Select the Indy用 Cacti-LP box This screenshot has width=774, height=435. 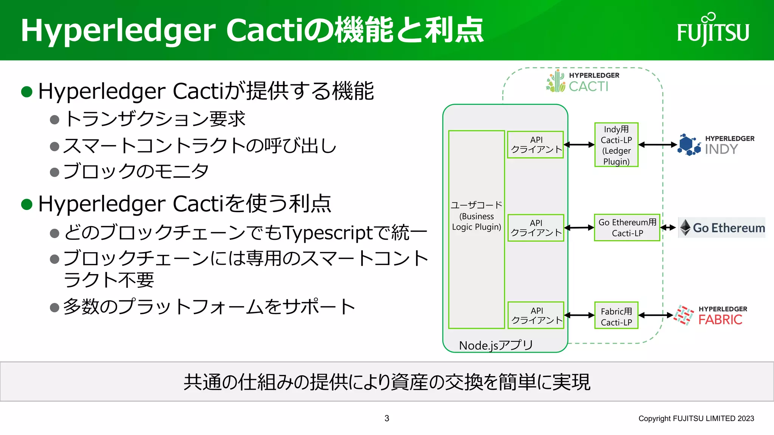616,145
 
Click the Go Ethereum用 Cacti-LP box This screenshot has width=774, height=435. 627,228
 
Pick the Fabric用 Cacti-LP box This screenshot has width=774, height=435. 616,316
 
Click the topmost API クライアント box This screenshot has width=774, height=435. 536,145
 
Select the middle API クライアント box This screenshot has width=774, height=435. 536,228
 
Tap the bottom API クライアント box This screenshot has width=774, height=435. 536,315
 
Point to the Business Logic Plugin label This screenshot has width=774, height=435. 477,221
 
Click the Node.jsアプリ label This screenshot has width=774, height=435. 496,345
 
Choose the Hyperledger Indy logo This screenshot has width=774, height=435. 716,145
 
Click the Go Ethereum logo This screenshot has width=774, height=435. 722,228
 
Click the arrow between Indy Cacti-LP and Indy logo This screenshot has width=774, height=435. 658,145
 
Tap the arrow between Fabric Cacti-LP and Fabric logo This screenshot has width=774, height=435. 656,315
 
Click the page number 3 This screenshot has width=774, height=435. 387,418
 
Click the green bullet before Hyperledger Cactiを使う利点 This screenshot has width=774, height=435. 27,204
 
